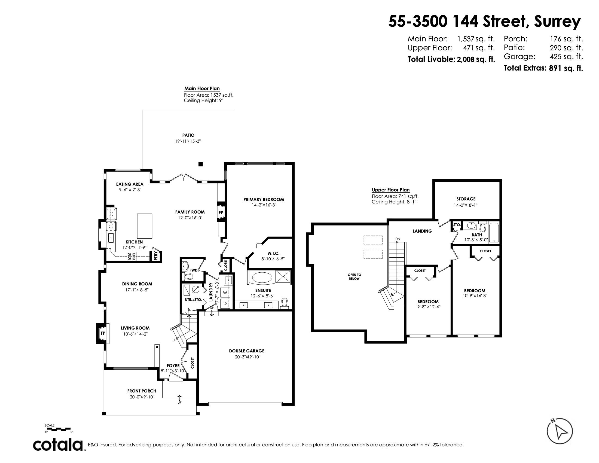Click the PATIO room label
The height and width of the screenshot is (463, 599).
tap(188, 135)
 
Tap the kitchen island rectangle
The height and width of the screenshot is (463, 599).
tap(145, 226)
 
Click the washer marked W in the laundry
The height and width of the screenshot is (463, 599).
tap(225, 293)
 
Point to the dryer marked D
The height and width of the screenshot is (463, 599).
tap(225, 303)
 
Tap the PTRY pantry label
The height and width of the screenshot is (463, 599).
tap(156, 256)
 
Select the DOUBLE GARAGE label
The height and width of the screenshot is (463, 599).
tap(247, 351)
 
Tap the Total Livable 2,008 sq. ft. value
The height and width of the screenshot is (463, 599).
tap(476, 60)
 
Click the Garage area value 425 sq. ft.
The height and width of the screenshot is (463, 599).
tap(566, 56)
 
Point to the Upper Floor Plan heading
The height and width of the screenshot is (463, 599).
tap(390, 190)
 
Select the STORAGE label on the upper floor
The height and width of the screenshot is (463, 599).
tap(466, 199)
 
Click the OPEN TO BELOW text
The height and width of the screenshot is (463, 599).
tap(354, 276)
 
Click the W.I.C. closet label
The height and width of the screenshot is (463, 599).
tap(273, 254)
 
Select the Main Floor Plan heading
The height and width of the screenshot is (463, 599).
tap(202, 88)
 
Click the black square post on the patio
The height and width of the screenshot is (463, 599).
tap(200, 164)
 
